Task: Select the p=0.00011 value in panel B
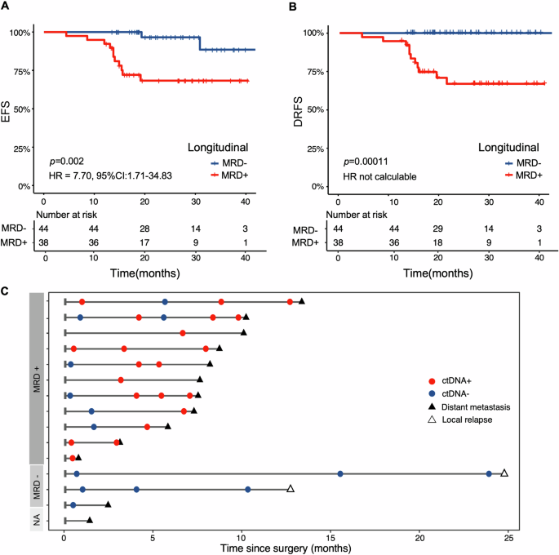pyautogui.click(x=370, y=162)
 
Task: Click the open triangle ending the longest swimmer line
pyautogui.click(x=504, y=473)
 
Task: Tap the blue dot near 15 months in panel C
pyautogui.click(x=340, y=473)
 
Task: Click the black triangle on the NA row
pyautogui.click(x=90, y=520)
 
